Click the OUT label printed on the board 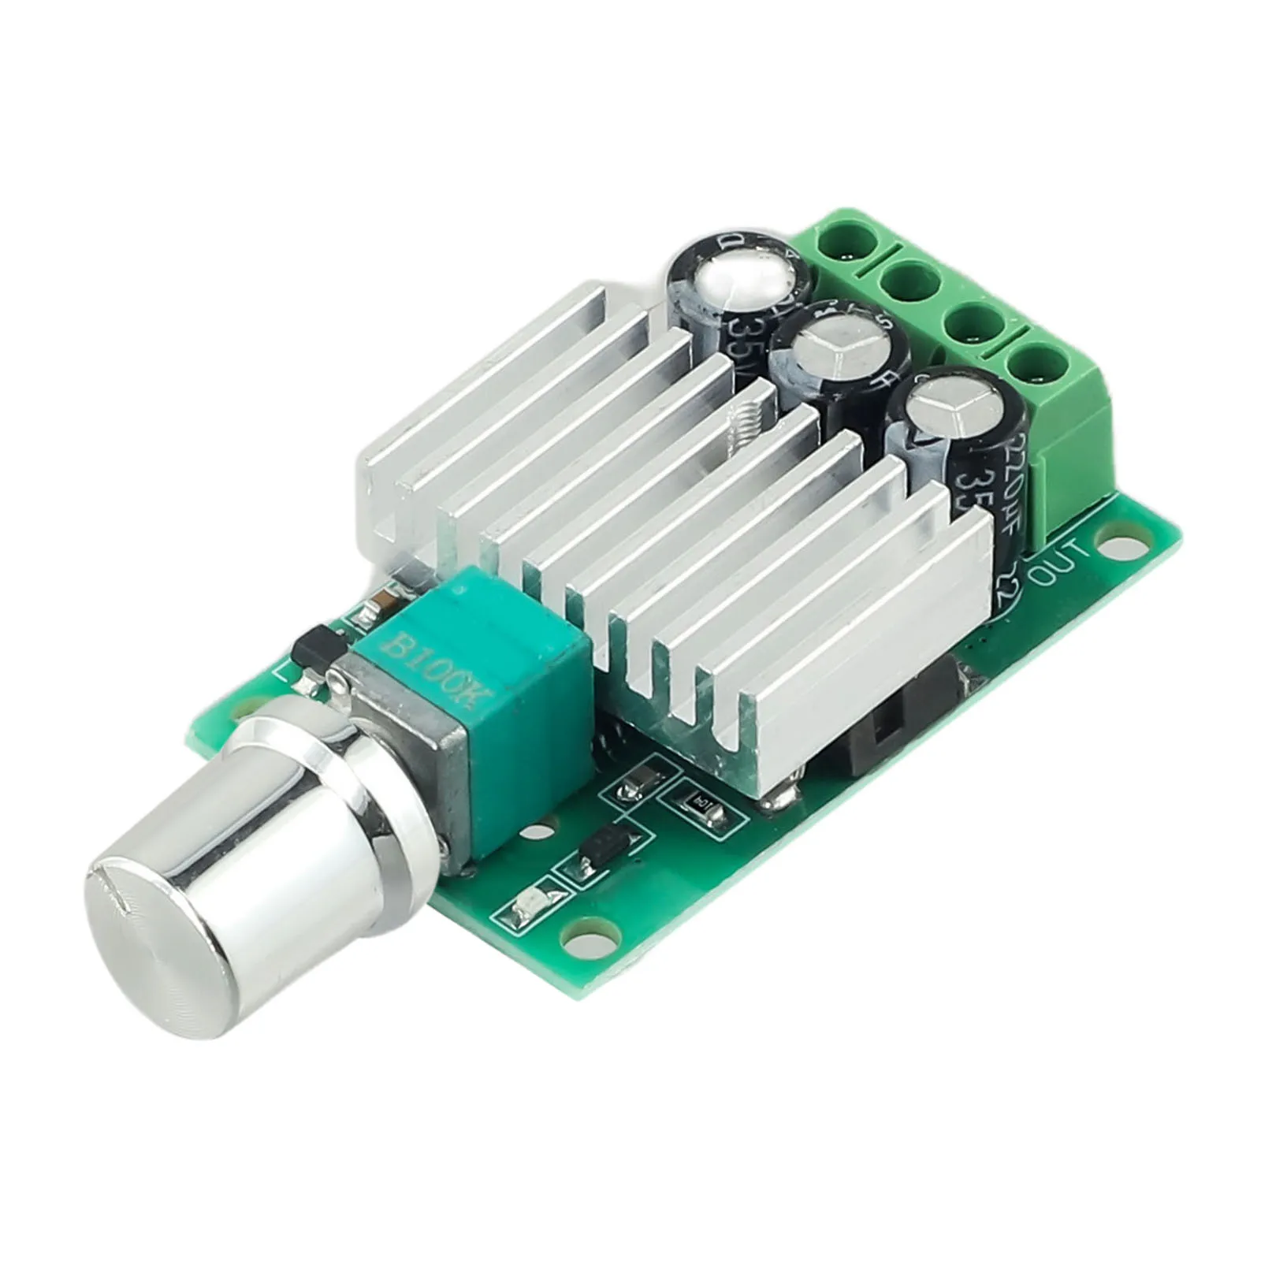coord(1061,563)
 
